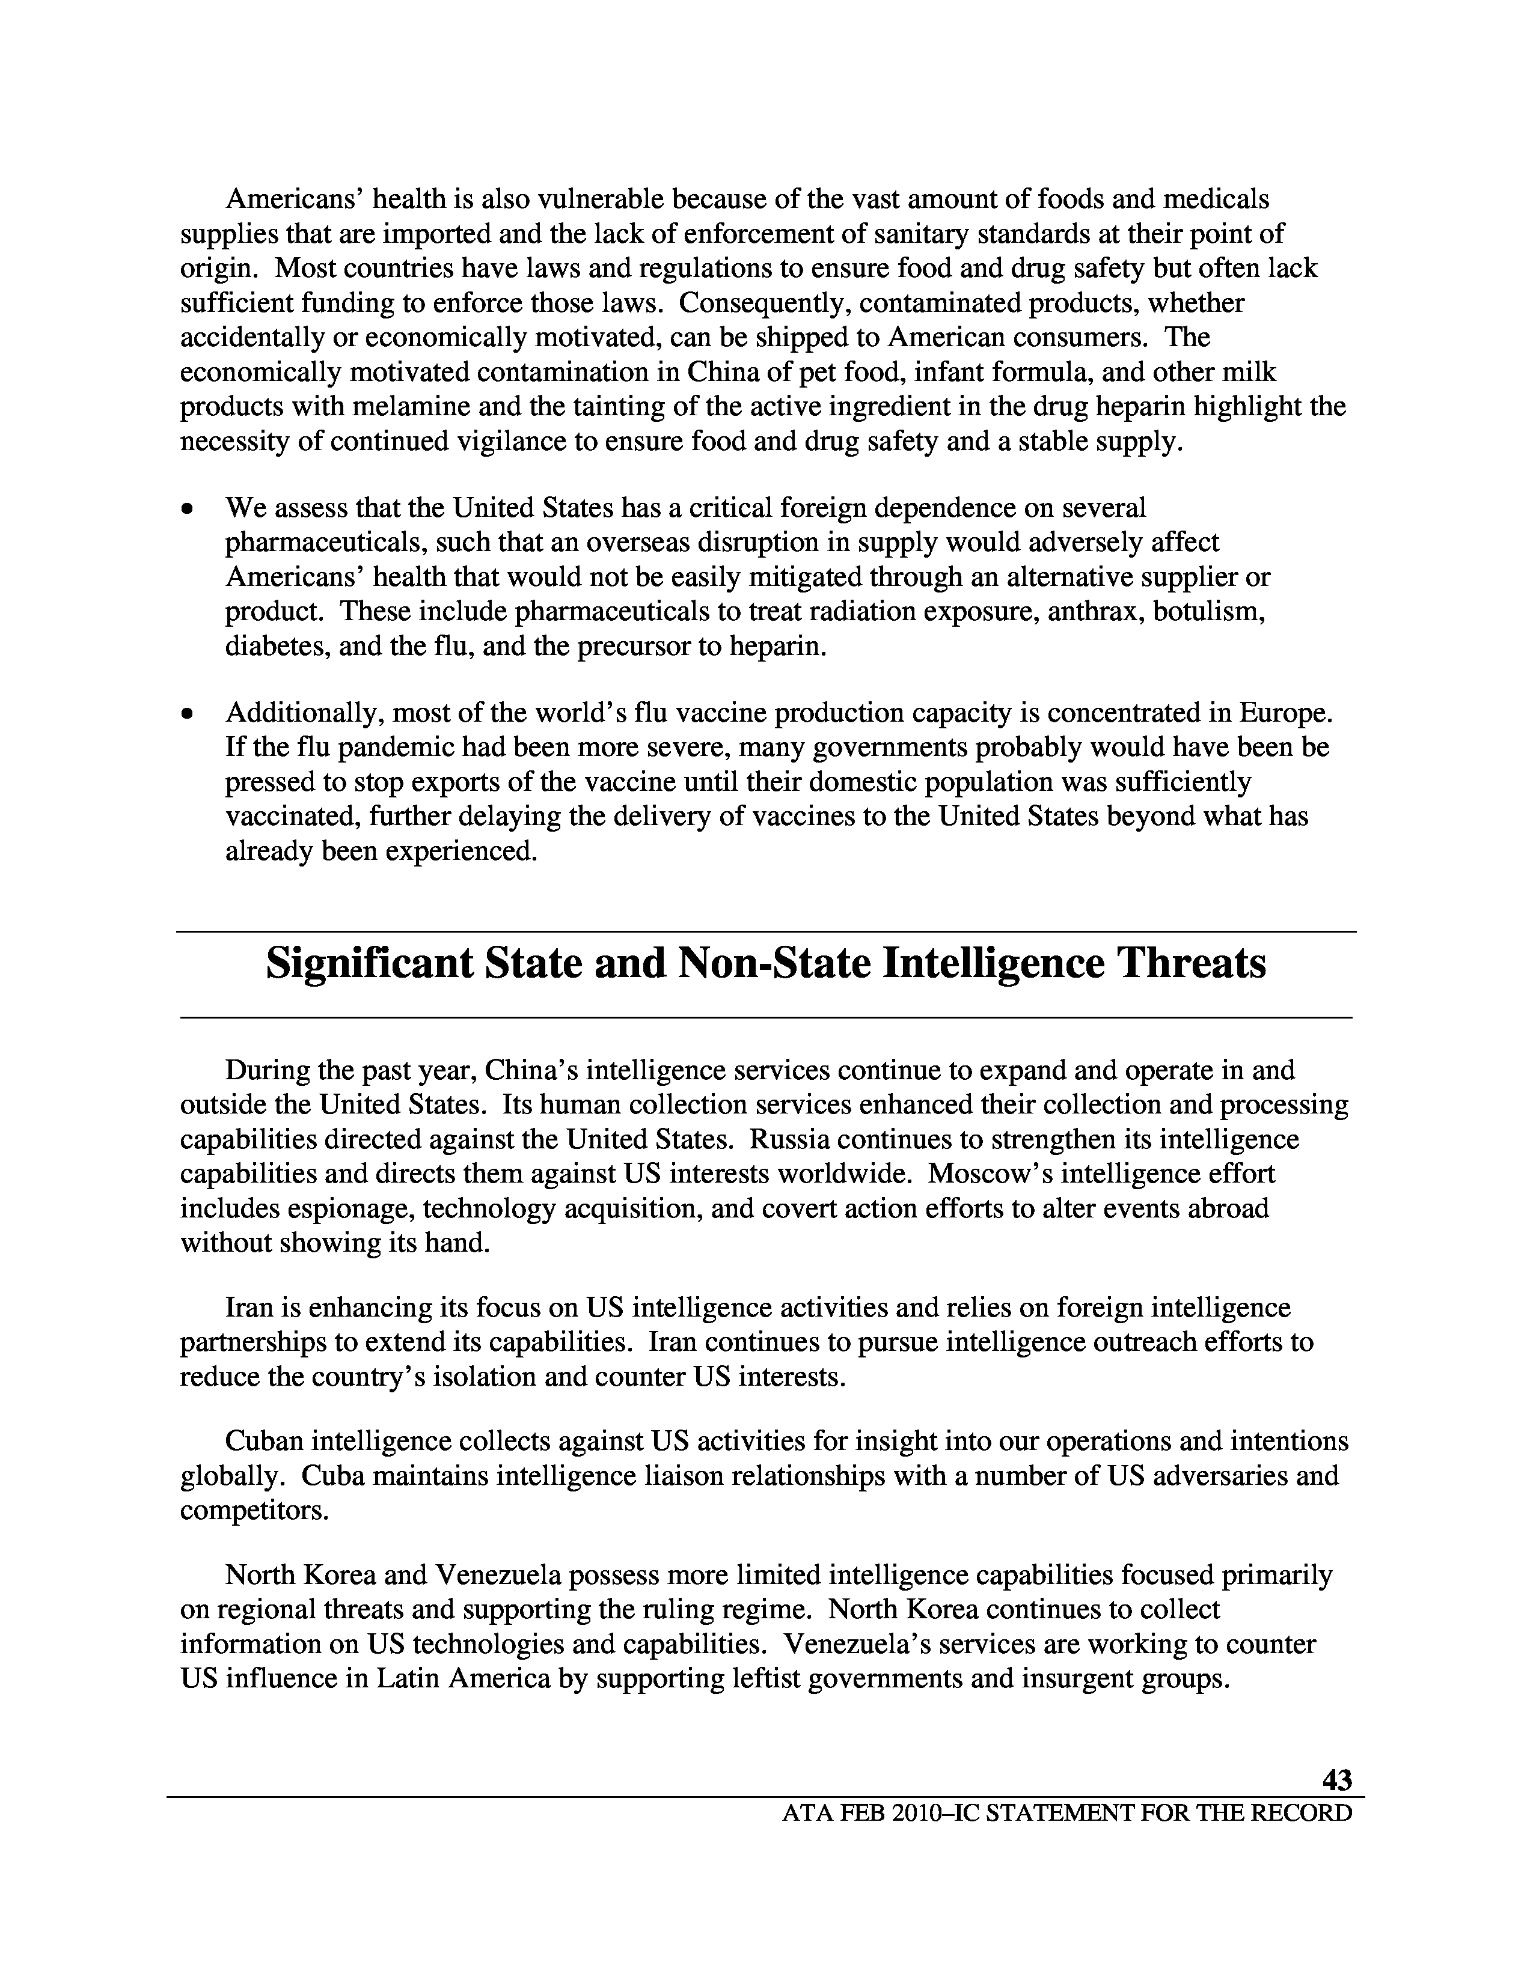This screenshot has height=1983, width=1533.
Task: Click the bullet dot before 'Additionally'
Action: (x=187, y=716)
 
